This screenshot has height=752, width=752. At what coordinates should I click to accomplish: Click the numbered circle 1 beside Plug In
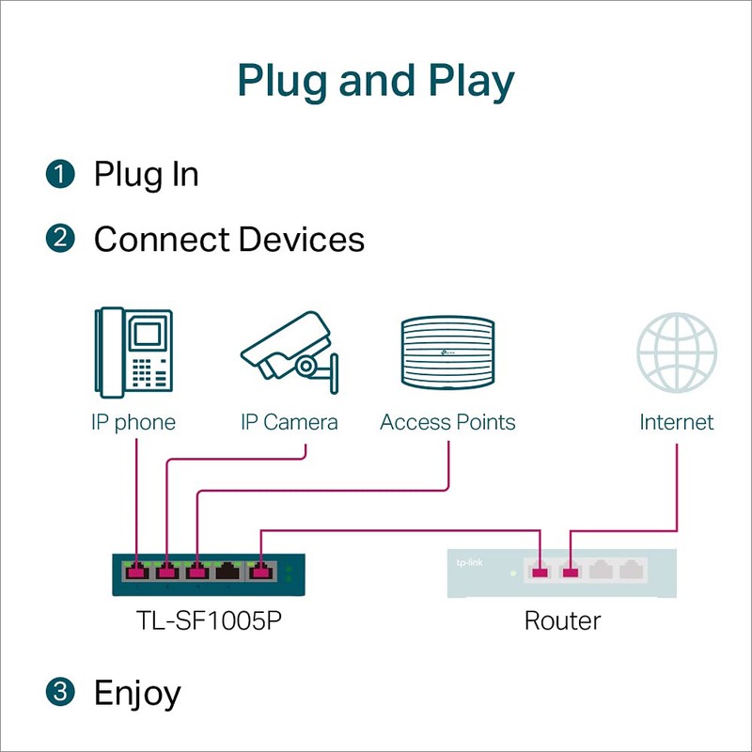point(59,174)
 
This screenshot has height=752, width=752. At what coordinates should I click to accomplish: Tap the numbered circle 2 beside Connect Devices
point(59,239)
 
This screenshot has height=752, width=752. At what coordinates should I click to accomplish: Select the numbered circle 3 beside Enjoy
point(59,693)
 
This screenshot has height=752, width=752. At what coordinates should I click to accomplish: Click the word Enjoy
point(137,694)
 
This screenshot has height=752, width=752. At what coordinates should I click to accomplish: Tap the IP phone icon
point(133,352)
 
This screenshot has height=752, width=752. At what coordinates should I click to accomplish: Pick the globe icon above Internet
point(677,352)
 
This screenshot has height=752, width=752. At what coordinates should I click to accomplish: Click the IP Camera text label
point(290,422)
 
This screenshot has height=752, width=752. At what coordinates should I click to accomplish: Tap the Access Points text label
point(447,422)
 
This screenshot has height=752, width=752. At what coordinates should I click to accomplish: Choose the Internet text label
point(677,422)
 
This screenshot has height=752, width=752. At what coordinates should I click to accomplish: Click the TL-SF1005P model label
point(210,620)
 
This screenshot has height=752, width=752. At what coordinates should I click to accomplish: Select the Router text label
point(562,620)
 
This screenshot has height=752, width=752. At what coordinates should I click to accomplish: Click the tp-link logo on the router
point(467,561)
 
